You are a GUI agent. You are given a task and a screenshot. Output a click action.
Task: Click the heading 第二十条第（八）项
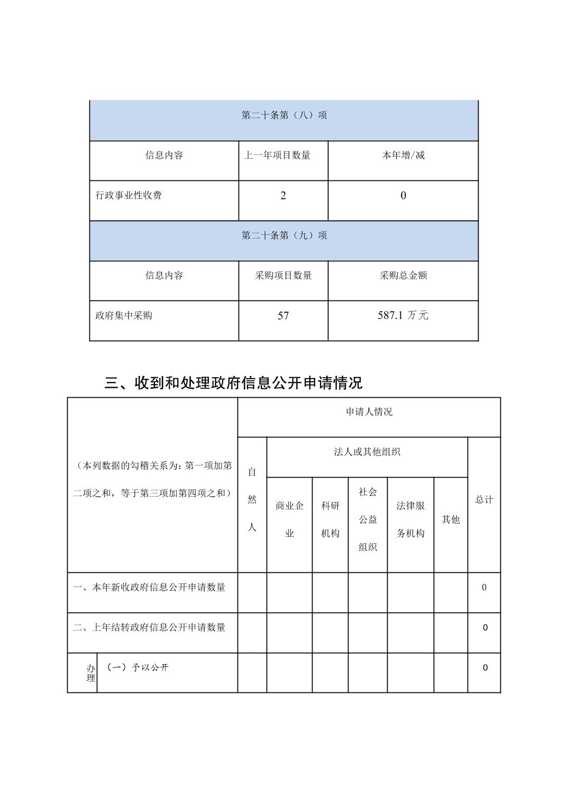(284, 115)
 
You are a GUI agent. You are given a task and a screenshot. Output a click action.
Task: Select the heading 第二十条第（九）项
(284, 235)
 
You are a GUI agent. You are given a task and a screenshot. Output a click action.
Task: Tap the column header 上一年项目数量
(277, 156)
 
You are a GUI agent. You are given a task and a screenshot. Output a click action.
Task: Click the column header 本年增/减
(404, 156)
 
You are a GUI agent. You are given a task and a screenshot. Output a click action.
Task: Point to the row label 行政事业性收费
(129, 195)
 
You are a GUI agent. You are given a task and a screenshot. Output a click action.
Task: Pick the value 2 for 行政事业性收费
(283, 196)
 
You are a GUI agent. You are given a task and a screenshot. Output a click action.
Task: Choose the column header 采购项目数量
(283, 276)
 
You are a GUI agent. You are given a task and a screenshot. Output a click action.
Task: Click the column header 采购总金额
(404, 276)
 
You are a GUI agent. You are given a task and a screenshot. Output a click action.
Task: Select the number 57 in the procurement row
(283, 316)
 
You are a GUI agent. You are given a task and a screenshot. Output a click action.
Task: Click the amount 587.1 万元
(403, 316)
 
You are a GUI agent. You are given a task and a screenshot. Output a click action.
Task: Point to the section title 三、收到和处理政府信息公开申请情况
(233, 382)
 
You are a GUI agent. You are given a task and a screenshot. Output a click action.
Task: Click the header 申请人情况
(369, 412)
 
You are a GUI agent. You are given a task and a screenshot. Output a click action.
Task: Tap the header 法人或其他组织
(367, 452)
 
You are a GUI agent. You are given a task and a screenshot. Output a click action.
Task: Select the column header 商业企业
(290, 519)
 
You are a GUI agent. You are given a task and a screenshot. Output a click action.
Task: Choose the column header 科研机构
(331, 519)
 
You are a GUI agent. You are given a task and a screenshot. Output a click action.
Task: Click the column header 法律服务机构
(411, 519)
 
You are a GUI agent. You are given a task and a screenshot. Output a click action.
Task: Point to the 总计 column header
(484, 500)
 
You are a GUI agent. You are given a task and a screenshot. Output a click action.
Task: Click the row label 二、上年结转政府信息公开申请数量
(149, 627)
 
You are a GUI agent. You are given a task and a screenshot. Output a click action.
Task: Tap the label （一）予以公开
(138, 668)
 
